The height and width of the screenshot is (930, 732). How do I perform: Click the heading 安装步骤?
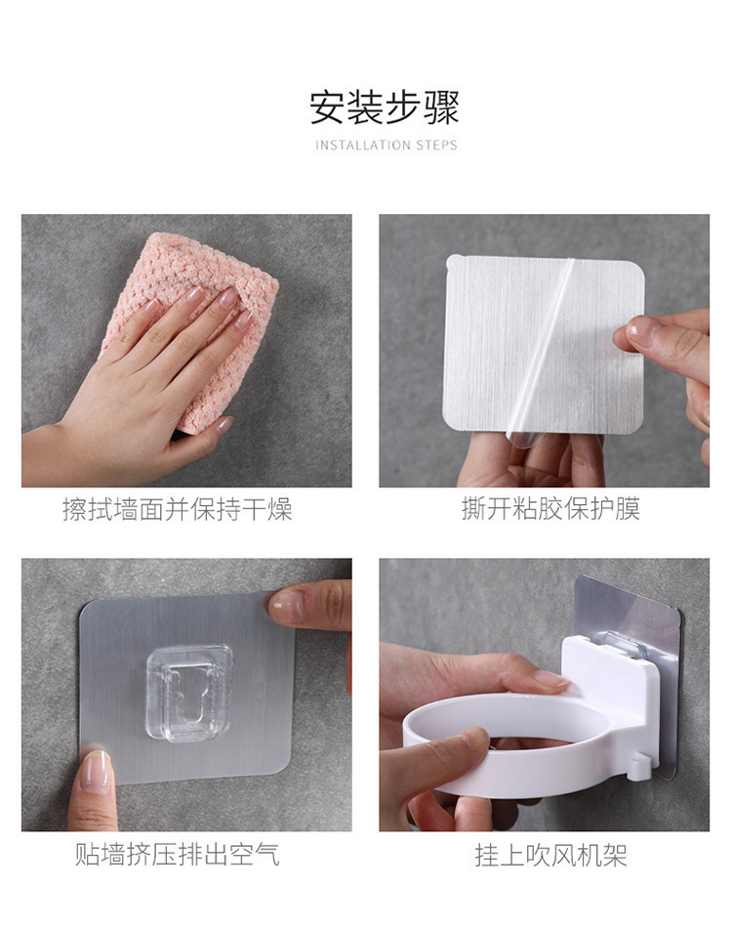point(385,106)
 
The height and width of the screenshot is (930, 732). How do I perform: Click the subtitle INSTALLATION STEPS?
point(386,146)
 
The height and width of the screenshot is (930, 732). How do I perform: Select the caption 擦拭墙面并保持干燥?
point(178,509)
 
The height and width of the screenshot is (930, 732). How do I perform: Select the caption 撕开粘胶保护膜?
point(550,509)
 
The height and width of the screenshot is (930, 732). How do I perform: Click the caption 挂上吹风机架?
point(550,857)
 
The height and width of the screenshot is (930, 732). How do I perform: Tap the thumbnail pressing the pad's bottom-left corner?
point(96,772)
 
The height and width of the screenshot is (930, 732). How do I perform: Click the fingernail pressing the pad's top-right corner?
point(287,606)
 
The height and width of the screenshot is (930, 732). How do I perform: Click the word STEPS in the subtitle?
point(436,146)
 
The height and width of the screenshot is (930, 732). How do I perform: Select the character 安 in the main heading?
point(328,106)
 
